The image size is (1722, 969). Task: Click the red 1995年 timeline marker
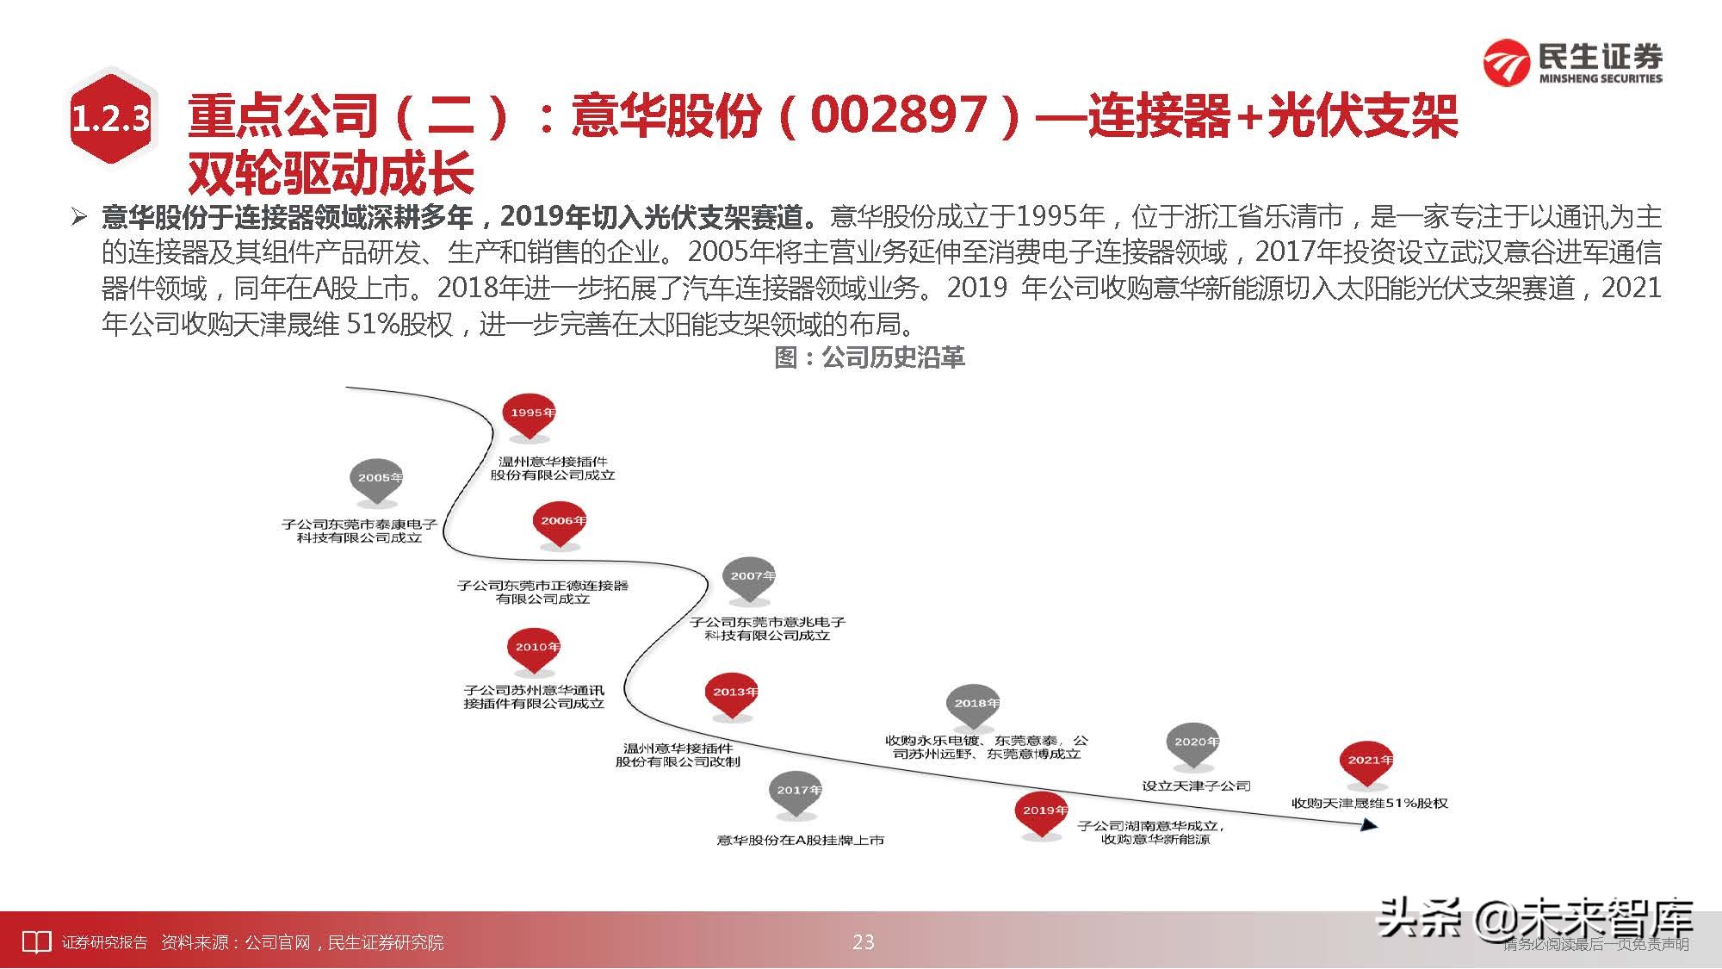[x=530, y=415]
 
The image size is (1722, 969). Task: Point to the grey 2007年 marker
[x=750, y=578]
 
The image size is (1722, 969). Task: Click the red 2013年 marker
[x=733, y=694]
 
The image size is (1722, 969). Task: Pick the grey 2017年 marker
[x=796, y=792]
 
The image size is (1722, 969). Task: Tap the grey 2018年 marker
[x=974, y=706]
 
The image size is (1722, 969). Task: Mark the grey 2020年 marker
[x=1194, y=744]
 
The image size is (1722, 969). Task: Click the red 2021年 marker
[x=1367, y=762]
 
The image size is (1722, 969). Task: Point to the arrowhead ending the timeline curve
[x=1368, y=825]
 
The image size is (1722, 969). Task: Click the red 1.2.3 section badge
[x=110, y=119]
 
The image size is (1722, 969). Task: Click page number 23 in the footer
[x=863, y=942]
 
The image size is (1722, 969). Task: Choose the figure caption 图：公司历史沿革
[x=870, y=357]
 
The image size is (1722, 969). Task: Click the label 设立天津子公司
[x=1195, y=786]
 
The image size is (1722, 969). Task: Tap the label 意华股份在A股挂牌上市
[x=800, y=840]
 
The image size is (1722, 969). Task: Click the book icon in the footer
[x=36, y=942]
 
